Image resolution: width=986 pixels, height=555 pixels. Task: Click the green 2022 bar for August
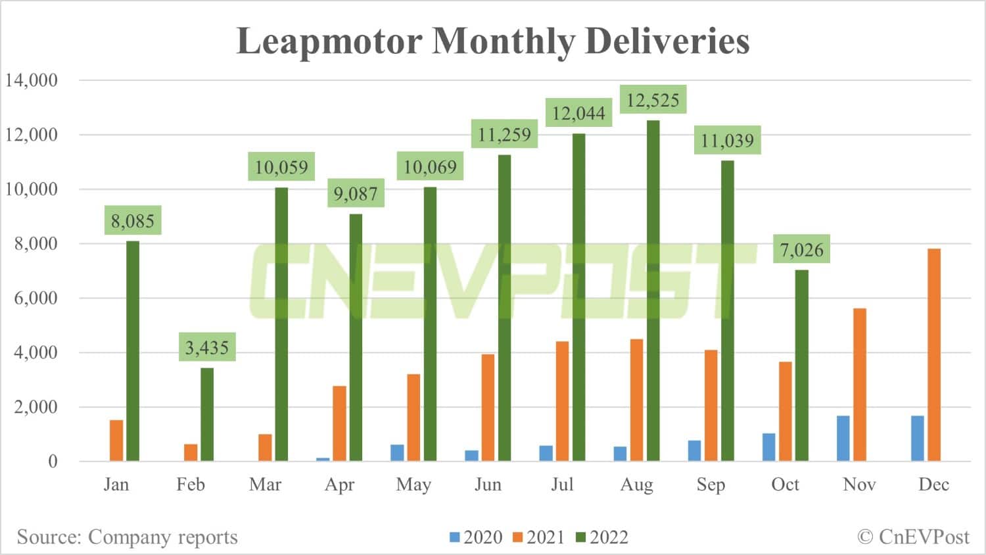653,290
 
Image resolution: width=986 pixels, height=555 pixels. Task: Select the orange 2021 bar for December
933,354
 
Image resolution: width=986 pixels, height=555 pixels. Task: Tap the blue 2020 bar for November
843,438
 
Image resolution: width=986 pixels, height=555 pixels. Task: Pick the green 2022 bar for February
207,414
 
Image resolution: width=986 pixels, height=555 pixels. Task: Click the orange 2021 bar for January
116,440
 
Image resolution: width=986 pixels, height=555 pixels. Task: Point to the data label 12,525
653,100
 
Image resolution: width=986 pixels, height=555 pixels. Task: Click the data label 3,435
207,347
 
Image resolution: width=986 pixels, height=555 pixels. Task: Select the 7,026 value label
801,249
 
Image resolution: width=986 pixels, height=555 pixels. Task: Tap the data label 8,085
132,221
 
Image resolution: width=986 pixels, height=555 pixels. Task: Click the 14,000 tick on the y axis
32,80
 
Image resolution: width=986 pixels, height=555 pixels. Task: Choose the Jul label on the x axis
562,485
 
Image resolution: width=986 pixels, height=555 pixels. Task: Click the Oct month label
785,485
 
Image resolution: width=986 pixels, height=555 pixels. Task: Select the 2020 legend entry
477,537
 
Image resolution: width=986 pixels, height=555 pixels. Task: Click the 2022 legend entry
602,537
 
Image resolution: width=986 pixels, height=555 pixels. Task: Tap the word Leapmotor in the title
329,41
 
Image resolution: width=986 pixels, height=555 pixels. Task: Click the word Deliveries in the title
667,41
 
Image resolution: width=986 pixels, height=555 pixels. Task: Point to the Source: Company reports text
127,537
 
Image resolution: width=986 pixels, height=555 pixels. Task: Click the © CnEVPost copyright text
913,537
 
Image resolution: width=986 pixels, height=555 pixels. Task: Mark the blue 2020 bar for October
768,447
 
